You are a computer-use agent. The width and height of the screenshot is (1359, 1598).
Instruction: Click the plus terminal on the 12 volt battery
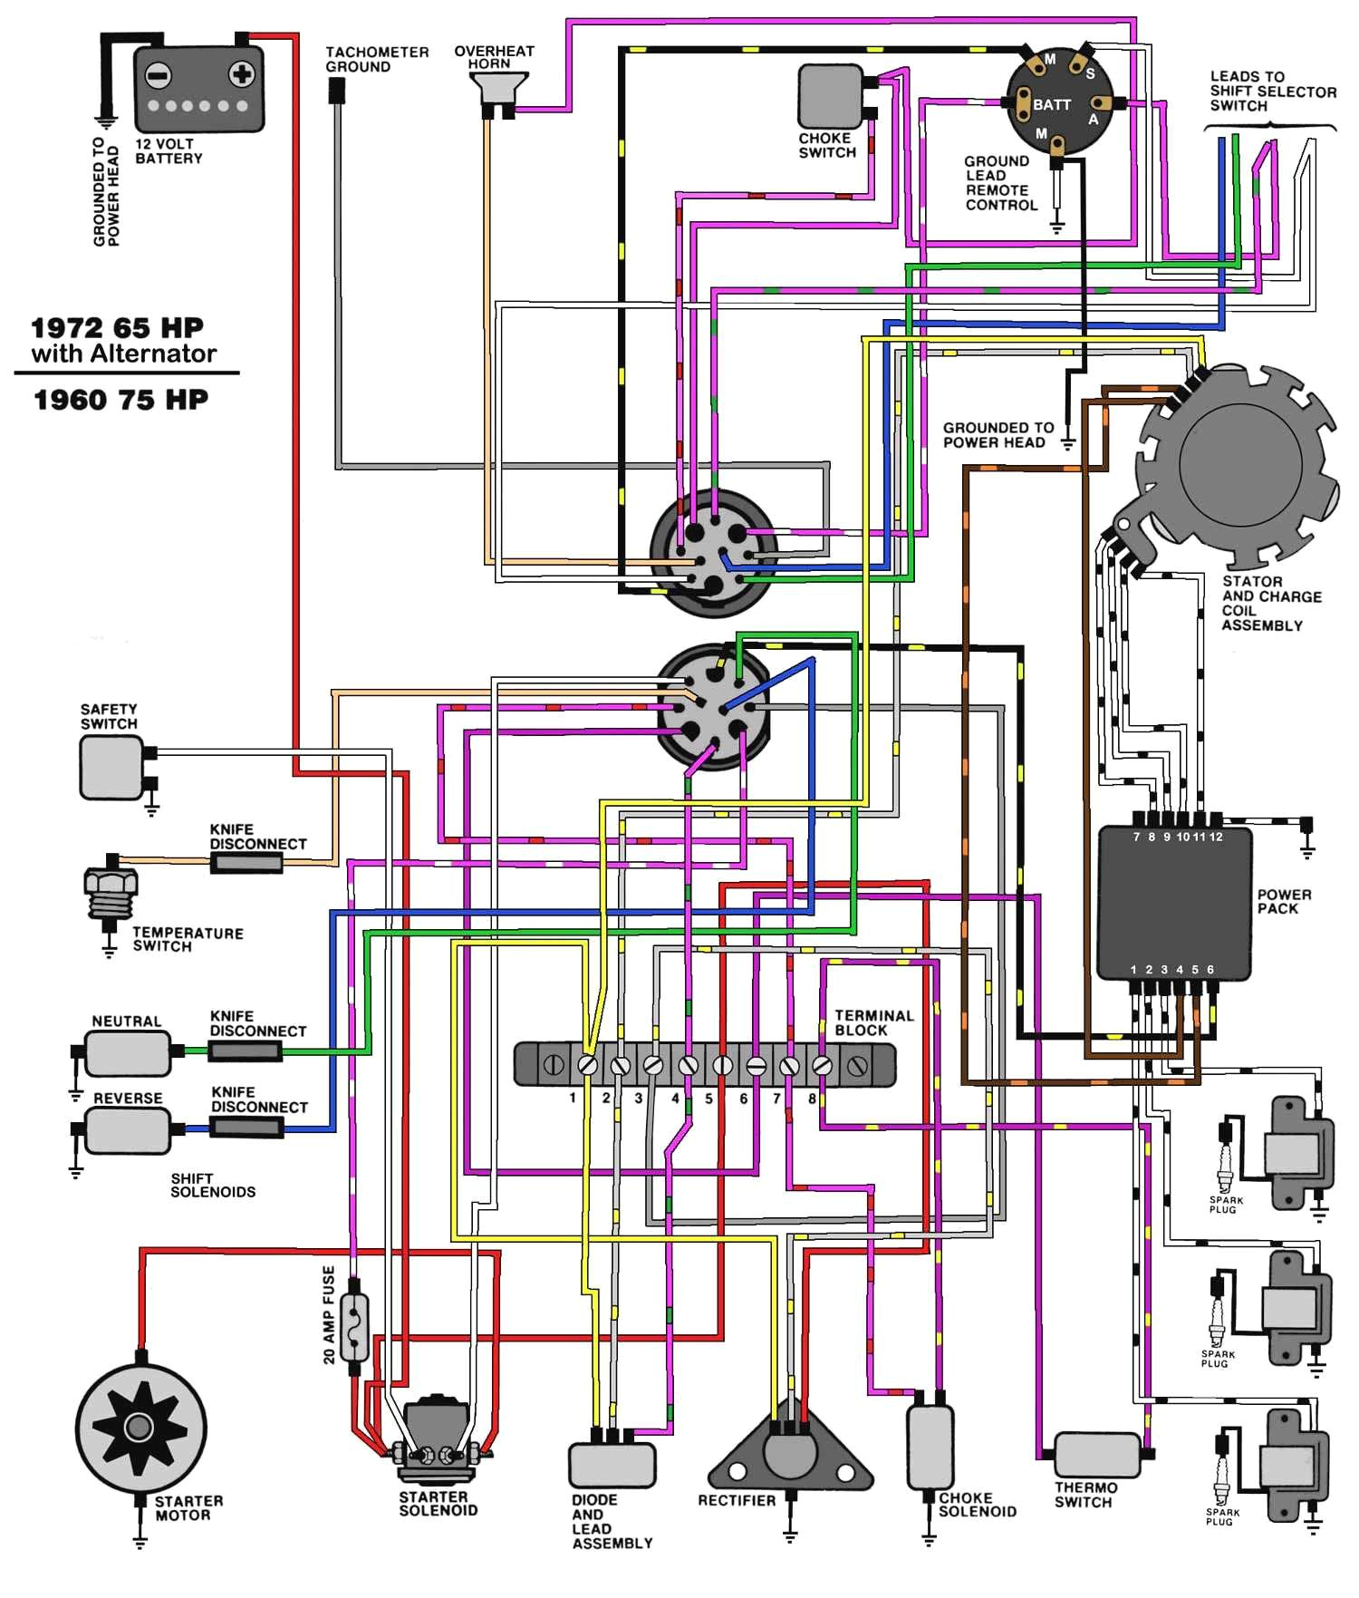240,74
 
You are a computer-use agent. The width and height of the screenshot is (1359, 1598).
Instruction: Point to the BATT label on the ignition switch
1052,105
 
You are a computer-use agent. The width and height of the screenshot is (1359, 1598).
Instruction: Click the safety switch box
111,767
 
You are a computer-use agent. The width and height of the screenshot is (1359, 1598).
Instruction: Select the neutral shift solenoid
127,1053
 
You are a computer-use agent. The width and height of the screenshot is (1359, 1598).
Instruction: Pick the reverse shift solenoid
127,1129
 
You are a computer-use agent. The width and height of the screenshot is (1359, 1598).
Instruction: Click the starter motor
140,1429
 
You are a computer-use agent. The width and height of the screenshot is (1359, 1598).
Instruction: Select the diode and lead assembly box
612,1464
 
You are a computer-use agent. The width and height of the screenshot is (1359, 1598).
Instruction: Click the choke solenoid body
930,1447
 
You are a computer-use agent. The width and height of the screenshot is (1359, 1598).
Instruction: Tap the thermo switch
1096,1454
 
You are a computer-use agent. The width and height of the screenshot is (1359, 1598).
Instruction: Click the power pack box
1175,902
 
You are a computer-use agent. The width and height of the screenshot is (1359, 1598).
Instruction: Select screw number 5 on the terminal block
722,1065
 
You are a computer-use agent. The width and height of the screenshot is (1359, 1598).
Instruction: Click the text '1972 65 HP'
118,328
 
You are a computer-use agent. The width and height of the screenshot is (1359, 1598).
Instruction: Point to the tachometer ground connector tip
336,90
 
